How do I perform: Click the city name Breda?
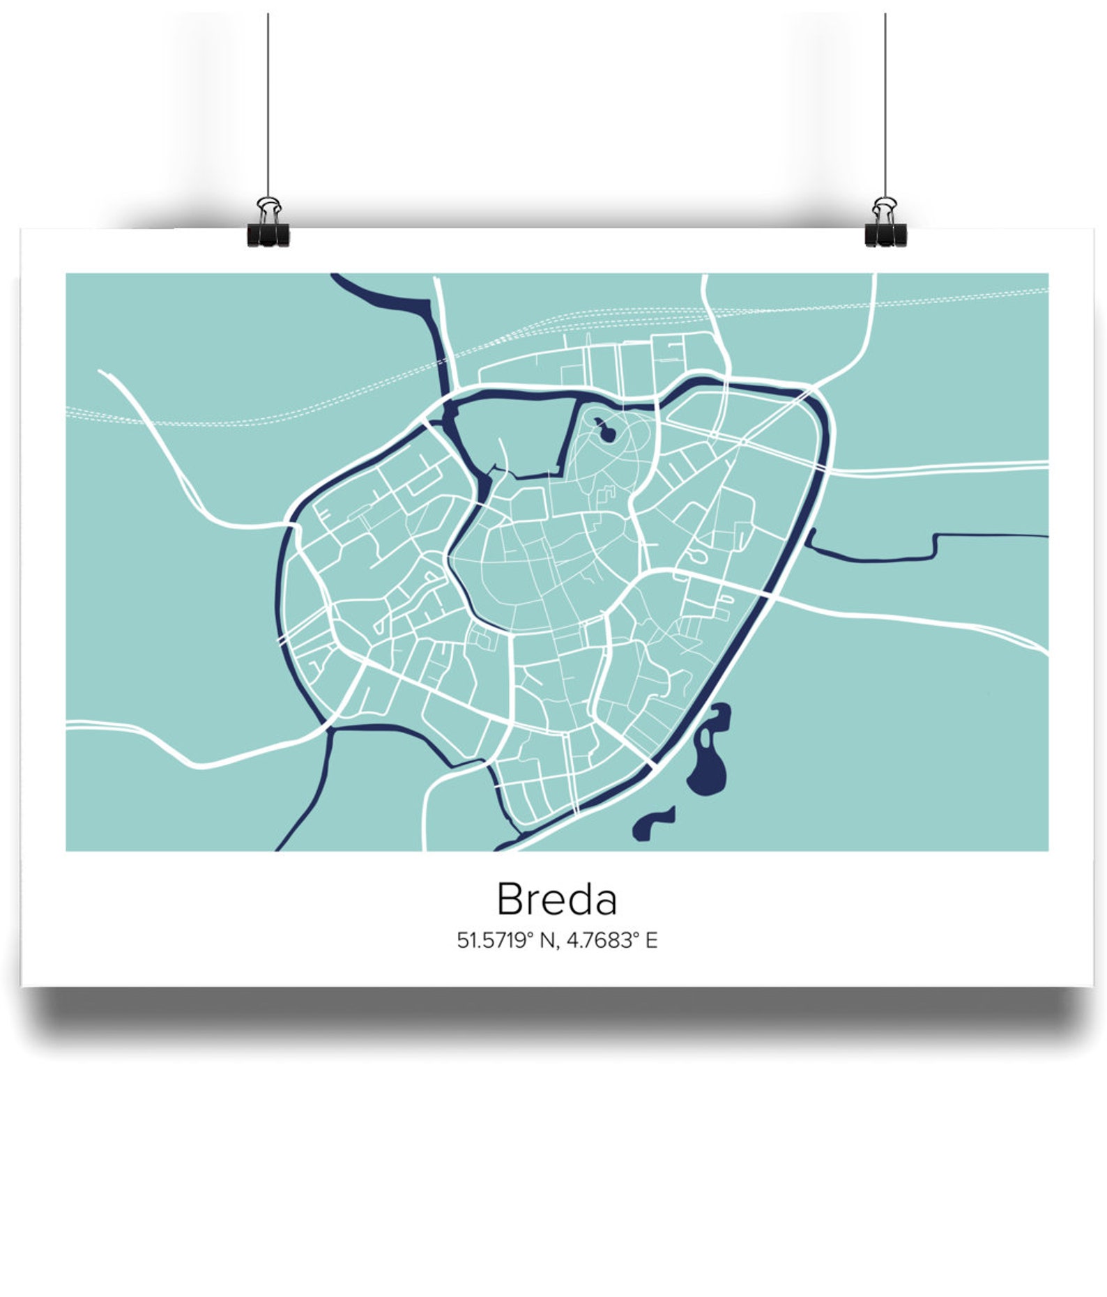(x=556, y=899)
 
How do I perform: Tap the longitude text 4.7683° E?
(x=611, y=940)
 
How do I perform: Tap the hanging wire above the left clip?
(x=268, y=105)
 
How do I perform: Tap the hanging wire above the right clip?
(x=885, y=105)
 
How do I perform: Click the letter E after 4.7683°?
(x=651, y=940)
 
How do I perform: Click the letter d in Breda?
(x=577, y=899)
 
